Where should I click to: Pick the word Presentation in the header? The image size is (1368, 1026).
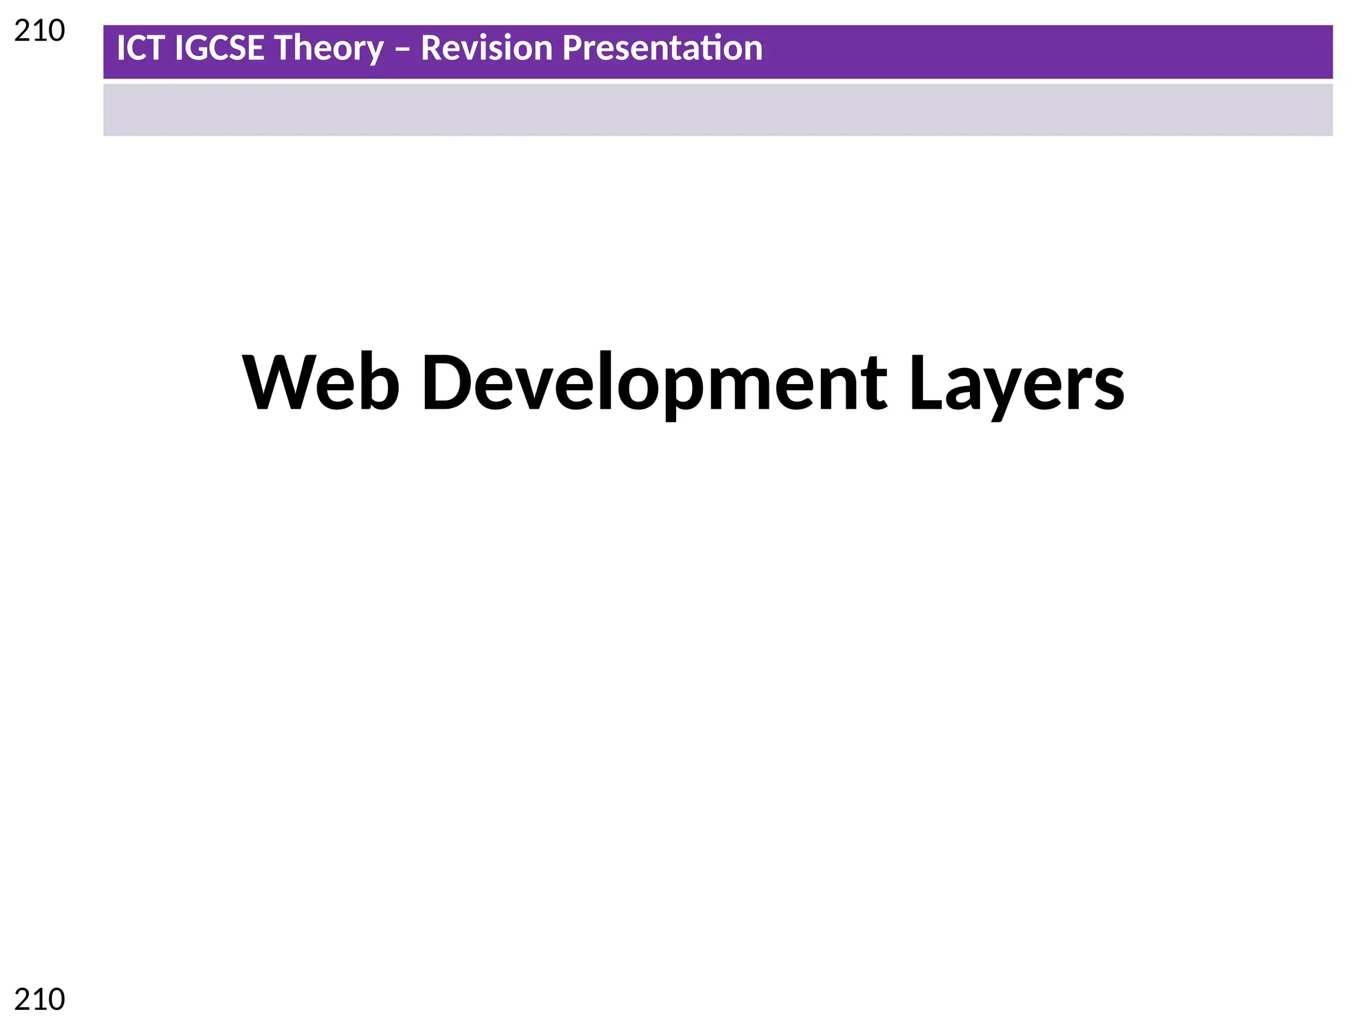pyautogui.click(x=662, y=49)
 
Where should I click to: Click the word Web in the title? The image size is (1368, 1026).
pyautogui.click(x=321, y=383)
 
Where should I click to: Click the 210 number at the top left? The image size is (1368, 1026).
pyautogui.click(x=39, y=31)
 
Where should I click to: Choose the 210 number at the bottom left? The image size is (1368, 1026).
pyautogui.click(x=39, y=1000)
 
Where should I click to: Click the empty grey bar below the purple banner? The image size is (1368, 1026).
pyautogui.click(x=717, y=110)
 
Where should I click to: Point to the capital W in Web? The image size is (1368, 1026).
pyautogui.click(x=275, y=382)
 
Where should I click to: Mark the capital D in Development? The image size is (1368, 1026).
pyautogui.click(x=448, y=382)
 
